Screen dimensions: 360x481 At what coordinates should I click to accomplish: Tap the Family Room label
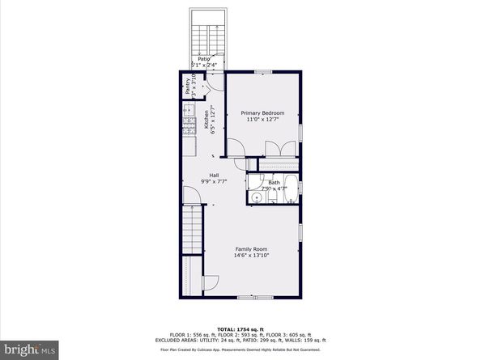coord(252,248)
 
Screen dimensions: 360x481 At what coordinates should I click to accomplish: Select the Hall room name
coord(214,175)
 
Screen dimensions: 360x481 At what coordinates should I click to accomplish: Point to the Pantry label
coord(188,86)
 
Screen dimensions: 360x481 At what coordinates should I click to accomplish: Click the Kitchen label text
coord(206,120)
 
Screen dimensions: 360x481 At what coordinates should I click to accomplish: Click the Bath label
coord(275,183)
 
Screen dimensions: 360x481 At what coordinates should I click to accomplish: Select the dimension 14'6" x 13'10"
coord(252,256)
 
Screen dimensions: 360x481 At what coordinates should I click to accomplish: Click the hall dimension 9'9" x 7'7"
coord(214,182)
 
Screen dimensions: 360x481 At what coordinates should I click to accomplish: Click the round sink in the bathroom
coord(255,197)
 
